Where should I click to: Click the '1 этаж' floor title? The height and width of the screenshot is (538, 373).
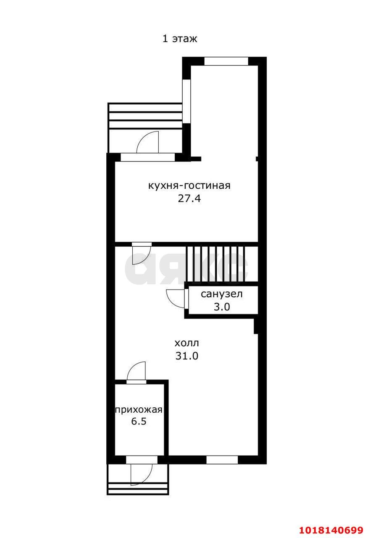180,39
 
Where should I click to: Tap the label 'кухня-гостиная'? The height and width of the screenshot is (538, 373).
189,185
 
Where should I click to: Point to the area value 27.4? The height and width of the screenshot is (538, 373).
189,199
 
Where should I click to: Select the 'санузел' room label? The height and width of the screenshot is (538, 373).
221,294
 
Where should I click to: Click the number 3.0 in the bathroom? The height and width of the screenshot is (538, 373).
222,307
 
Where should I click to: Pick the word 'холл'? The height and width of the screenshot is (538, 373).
186,343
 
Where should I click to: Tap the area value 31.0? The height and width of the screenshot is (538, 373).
187,356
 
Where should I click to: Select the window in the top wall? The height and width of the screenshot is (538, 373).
226,61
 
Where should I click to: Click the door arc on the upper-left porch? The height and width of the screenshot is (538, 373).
147,142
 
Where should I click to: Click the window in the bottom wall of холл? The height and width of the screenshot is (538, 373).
222,460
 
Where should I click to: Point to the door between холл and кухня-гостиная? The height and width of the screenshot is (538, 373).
142,253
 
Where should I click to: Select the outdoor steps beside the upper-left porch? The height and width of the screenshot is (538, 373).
145,116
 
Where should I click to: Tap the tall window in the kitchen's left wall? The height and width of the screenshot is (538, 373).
186,101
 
